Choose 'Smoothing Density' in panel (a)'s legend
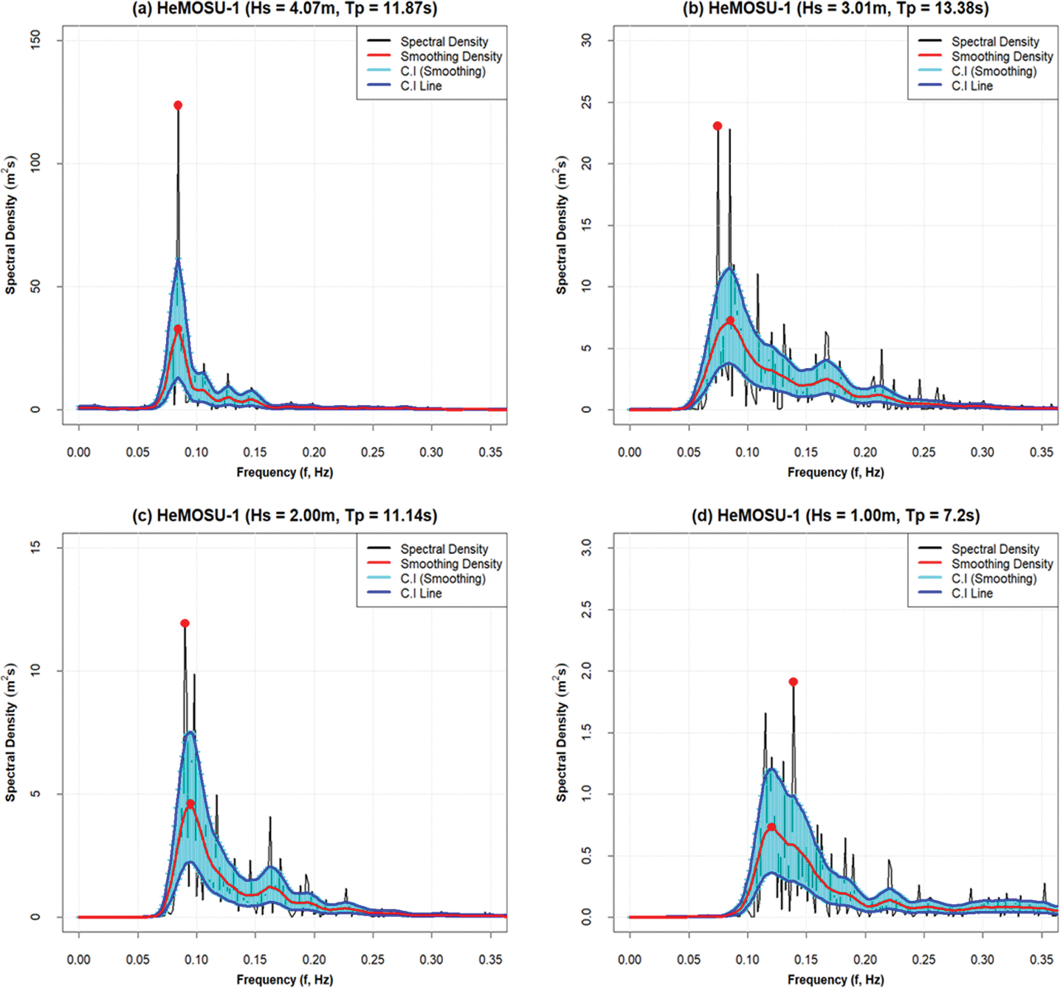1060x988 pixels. (x=451, y=56)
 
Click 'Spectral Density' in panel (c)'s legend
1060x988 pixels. (x=444, y=549)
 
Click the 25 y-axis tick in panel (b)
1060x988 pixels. (x=587, y=103)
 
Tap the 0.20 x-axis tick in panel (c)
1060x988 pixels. (x=314, y=960)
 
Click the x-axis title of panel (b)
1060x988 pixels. (x=835, y=473)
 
